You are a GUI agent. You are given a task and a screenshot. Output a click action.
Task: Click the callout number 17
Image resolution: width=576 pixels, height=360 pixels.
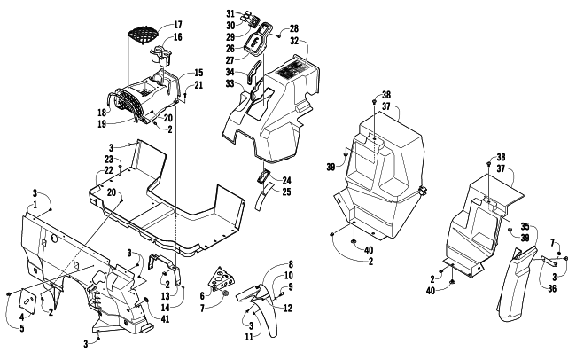tap(177, 24)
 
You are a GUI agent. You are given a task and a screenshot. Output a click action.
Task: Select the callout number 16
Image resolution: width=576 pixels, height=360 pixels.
tap(177, 37)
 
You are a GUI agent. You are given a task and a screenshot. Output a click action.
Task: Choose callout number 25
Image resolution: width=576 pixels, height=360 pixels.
tap(287, 192)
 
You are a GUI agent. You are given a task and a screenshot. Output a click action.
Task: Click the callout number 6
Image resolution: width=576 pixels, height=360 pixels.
tap(203, 295)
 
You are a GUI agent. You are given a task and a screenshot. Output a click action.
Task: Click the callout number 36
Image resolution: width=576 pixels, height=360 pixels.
tap(551, 287)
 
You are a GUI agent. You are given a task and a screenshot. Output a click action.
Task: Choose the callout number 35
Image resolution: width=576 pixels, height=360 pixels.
tap(524, 226)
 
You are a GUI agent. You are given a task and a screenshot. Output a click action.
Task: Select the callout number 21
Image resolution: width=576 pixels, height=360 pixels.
tap(198, 84)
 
